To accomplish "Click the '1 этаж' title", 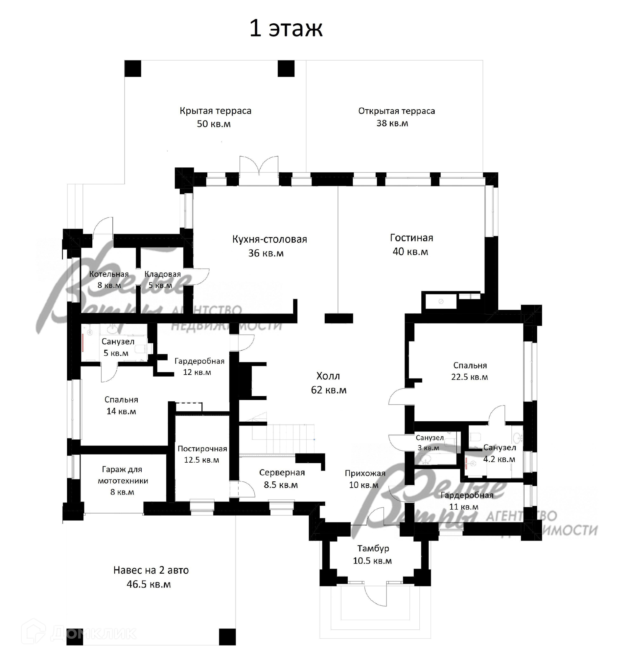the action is click(x=286, y=29).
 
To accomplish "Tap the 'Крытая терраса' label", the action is click(x=215, y=111).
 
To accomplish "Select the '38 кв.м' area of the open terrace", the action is click(x=392, y=123).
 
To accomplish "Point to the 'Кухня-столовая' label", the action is click(x=269, y=239).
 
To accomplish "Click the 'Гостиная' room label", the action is click(x=411, y=238).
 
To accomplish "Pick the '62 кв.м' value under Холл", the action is click(x=329, y=390).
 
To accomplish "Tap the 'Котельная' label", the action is click(x=109, y=274).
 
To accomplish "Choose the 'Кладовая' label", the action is click(x=162, y=274).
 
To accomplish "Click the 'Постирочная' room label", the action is click(x=202, y=449).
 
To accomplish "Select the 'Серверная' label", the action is click(x=282, y=473).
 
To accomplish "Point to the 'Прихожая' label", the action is click(x=365, y=473).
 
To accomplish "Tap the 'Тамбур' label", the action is click(x=373, y=548).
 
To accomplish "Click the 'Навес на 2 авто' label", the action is click(x=151, y=570).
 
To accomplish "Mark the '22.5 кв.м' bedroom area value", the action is click(x=470, y=377).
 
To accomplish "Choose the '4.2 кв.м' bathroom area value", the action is click(x=499, y=459).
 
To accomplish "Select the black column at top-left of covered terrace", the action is click(x=132, y=69).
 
